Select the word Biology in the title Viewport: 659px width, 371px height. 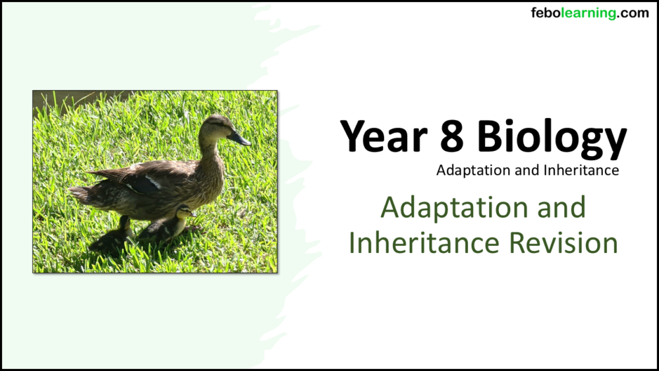pos(552,138)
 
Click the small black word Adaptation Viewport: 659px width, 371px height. pos(466,171)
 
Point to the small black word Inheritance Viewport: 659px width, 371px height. pos(582,171)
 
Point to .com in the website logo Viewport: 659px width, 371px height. pos(633,13)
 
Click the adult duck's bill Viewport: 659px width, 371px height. pos(239,139)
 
